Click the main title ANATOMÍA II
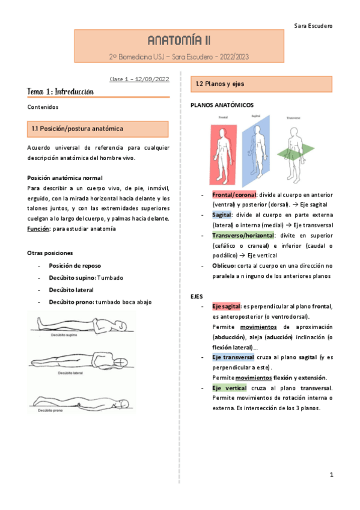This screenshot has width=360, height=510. coord(180,41)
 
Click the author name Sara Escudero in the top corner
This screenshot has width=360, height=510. coord(313,26)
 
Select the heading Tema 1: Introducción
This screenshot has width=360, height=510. coord(61,91)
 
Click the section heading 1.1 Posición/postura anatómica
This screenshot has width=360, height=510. coord(78,129)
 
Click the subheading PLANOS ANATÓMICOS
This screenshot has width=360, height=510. coord(218,105)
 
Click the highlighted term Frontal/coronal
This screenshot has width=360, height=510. coord(234,195)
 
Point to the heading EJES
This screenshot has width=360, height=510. coord(197,297)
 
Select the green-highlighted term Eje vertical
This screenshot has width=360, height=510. coord(227,389)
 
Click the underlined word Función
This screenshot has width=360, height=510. coord(39,229)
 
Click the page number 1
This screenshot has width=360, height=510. coord(331,476)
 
